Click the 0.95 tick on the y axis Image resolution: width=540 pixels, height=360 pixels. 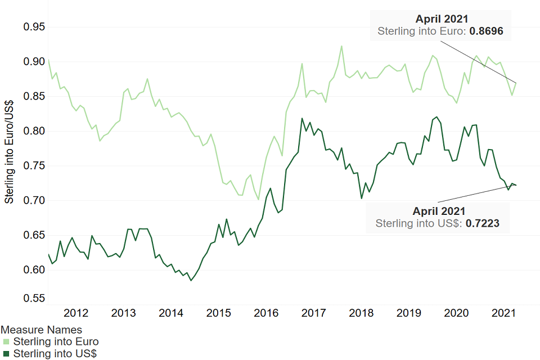[x=34, y=27]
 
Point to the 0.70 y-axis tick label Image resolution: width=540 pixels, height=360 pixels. [x=34, y=200]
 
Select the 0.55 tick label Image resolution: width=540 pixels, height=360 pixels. [x=34, y=298]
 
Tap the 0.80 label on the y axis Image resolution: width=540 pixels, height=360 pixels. [x=34, y=131]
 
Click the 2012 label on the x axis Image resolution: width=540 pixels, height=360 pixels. [x=76, y=313]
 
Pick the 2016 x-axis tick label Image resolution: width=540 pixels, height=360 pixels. [x=265, y=313]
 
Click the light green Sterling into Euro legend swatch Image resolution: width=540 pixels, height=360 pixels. [x=6, y=342]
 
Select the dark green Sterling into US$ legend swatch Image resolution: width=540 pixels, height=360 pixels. [x=6, y=354]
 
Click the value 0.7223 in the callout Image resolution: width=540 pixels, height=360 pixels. [x=483, y=223]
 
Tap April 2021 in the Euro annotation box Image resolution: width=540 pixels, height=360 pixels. [x=442, y=19]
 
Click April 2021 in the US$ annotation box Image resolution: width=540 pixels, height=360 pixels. [x=439, y=211]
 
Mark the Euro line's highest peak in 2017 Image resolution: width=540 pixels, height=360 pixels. [x=341, y=46]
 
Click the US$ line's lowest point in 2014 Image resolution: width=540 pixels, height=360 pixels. [x=191, y=280]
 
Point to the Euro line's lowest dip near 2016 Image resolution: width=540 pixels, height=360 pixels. [x=259, y=199]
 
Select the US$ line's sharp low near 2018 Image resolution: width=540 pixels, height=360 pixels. [x=361, y=198]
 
